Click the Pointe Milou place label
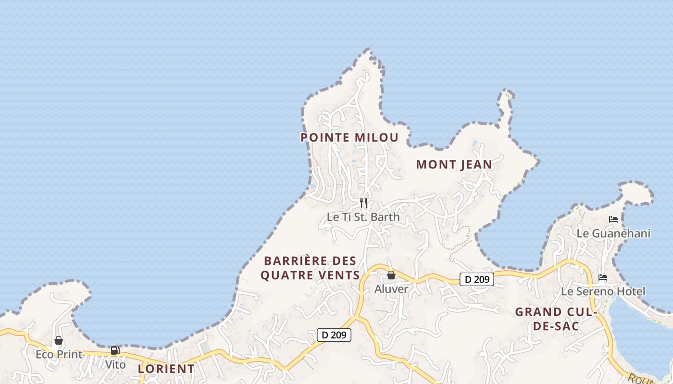(349, 138)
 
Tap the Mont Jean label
(454, 165)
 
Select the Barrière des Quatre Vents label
(312, 268)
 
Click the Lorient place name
(166, 369)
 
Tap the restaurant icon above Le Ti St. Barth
(363, 203)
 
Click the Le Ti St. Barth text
(363, 217)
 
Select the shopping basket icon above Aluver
(391, 275)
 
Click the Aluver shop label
(391, 289)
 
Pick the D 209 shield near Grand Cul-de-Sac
(477, 279)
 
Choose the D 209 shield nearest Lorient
(334, 335)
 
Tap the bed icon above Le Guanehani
(613, 219)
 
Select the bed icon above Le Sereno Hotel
(603, 277)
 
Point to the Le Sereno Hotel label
(603, 292)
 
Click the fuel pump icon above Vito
(115, 350)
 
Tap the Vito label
(115, 365)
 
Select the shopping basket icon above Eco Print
(59, 340)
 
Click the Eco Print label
(59, 355)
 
